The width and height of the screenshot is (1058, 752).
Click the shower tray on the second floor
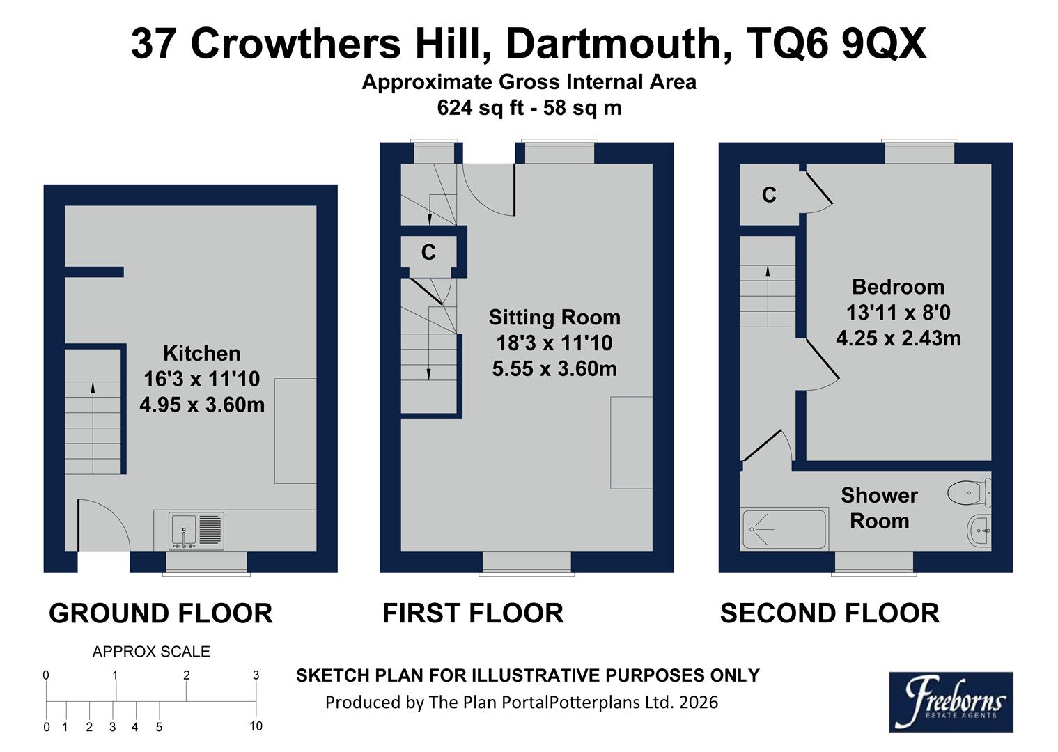[x=784, y=529]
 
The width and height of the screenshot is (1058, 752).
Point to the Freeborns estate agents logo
[x=950, y=701]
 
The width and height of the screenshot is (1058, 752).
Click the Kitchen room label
[x=201, y=353]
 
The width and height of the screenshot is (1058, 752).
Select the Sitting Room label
[x=554, y=318]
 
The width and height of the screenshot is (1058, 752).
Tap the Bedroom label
[x=898, y=287]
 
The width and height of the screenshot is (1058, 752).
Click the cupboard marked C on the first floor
[x=428, y=252]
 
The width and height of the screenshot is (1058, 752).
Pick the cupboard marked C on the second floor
[x=768, y=195]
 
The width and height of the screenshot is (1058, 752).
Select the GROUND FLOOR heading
[x=160, y=613]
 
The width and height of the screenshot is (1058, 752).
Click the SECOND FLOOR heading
[x=829, y=613]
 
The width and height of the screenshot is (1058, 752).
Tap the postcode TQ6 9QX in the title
[x=836, y=44]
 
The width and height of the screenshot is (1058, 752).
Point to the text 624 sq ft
[x=478, y=108]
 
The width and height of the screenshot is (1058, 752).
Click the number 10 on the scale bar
[x=256, y=726]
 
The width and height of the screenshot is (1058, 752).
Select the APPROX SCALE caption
[x=151, y=652]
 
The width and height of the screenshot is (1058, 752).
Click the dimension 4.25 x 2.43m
[x=898, y=338]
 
